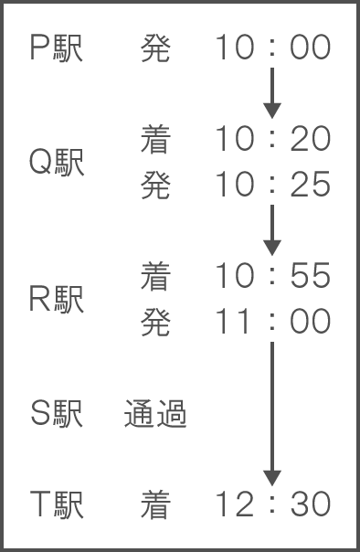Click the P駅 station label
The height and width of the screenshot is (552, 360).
[x=57, y=48]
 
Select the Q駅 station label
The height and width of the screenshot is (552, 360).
[x=57, y=163]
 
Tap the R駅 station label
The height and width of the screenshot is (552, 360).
[x=57, y=299]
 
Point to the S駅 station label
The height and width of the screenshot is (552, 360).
[x=57, y=414]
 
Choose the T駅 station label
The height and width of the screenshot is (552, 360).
[x=57, y=505]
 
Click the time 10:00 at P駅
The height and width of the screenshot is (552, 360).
[x=272, y=47]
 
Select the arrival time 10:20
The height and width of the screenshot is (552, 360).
[x=272, y=138]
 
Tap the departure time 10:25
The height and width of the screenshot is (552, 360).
[x=272, y=184]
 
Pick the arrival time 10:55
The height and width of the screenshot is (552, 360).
[x=272, y=275]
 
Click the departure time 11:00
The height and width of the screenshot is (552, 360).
[x=272, y=321]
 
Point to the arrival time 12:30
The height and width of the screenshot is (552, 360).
[x=272, y=504]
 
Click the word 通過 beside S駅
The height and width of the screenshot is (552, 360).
[x=155, y=414]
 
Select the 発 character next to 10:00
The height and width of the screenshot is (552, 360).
[x=155, y=48]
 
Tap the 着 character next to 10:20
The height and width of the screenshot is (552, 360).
[x=155, y=140]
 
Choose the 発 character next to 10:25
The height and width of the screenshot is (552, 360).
[x=155, y=186]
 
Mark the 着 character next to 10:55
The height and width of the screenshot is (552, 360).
[x=155, y=277]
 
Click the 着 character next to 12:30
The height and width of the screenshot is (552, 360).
[x=155, y=505]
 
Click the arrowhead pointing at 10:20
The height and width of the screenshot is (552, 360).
[x=272, y=111]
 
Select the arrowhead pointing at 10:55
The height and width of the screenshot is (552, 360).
[x=272, y=248]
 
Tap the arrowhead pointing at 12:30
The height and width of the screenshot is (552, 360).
[x=272, y=478]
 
